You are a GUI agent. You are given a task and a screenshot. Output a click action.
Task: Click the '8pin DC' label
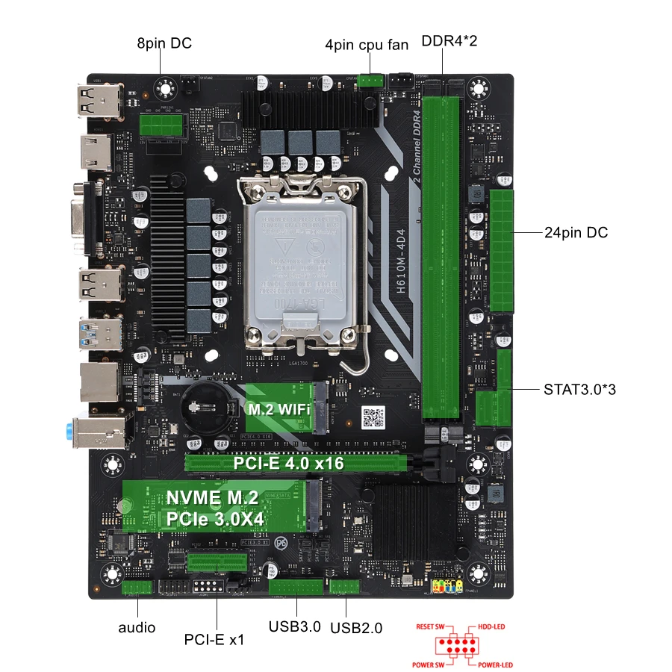[x=164, y=43]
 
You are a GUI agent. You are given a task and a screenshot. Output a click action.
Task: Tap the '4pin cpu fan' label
[x=367, y=45]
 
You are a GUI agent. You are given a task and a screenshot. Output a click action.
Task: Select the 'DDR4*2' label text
[x=449, y=40]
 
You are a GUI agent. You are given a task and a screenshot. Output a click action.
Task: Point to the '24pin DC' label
[x=576, y=233]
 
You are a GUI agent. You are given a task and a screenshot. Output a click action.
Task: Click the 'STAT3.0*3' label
[x=580, y=389]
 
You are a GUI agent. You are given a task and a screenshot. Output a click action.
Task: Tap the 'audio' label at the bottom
[x=137, y=627]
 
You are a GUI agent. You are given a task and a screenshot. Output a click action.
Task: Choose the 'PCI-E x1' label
[x=214, y=640]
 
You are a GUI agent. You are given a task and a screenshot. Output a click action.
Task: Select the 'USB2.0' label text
[x=355, y=628]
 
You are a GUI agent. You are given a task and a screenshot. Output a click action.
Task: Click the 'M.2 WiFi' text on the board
[x=279, y=409]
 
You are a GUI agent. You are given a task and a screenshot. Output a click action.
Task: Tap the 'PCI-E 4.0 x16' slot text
[x=288, y=464]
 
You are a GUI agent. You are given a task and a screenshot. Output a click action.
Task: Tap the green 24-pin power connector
[x=503, y=251]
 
